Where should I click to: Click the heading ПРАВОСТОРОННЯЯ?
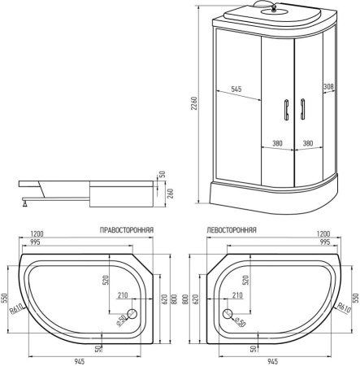pos(126,231)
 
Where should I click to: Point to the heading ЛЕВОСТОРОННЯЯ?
pos(232,231)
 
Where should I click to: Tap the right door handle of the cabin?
pos(301,111)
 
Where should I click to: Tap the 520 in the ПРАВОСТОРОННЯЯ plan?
pos(106,281)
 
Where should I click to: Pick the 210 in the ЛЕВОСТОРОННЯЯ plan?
pos(237,294)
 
